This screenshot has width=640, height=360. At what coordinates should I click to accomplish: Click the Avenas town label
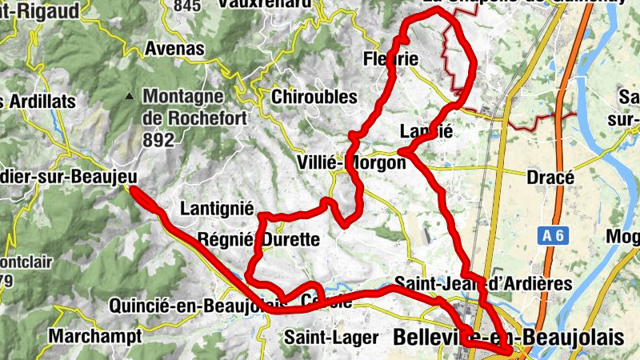pyautogui.click(x=174, y=49)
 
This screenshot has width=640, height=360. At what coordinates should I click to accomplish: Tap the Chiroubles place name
pyautogui.click(x=314, y=97)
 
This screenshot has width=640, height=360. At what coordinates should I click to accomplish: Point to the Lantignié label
pyautogui.click(x=218, y=209)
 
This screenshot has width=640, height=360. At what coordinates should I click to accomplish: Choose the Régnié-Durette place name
pyautogui.click(x=258, y=239)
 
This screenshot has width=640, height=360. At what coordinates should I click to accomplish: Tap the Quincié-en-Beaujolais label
pyautogui.click(x=196, y=306)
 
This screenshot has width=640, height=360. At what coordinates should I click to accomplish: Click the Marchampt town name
pyautogui.click(x=94, y=335)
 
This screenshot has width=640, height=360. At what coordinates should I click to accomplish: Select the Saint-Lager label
pyautogui.click(x=329, y=337)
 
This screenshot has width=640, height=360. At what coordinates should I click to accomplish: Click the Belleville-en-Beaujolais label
pyautogui.click(x=509, y=338)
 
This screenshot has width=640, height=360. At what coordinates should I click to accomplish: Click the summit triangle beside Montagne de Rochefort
pyautogui.click(x=129, y=98)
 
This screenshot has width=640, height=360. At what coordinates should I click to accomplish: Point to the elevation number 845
pyautogui.click(x=186, y=6)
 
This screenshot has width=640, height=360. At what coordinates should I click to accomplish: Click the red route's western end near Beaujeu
pyautogui.click(x=132, y=190)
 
